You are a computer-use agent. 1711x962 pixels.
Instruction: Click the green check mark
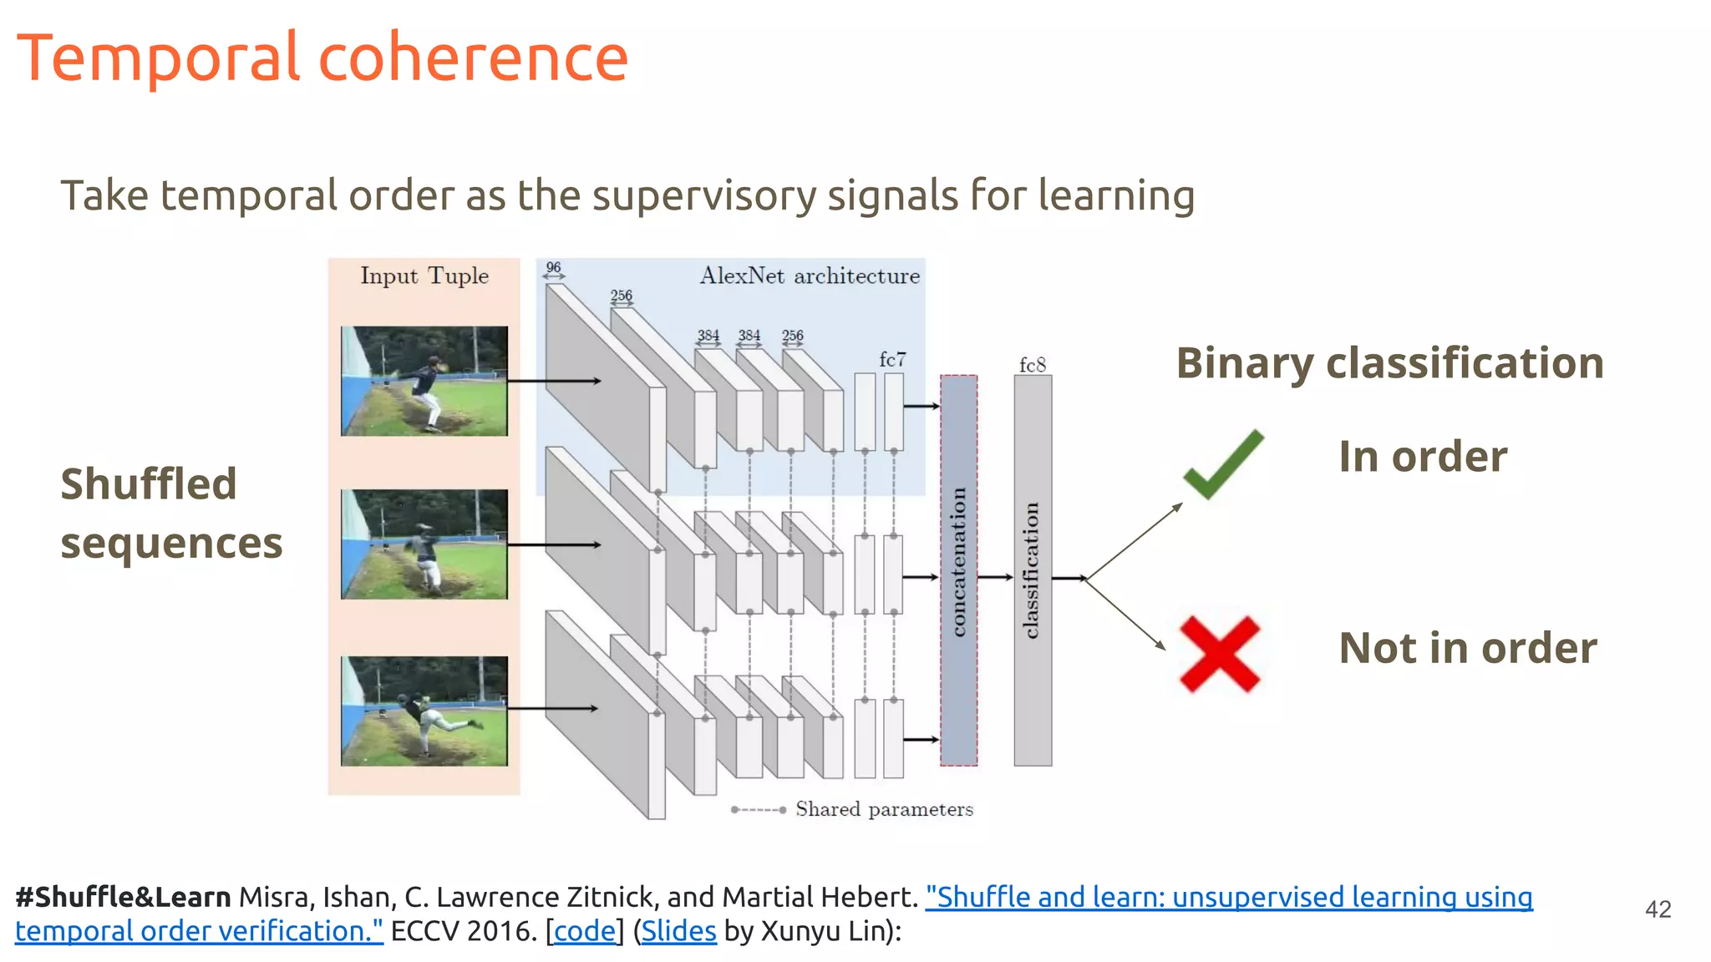click(x=1222, y=465)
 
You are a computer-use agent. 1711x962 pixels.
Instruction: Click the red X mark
click(x=1219, y=654)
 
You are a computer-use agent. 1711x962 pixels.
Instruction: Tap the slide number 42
click(x=1658, y=909)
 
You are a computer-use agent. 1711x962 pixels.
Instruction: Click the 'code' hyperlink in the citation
click(x=585, y=930)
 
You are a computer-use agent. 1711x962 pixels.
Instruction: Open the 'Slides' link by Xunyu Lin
click(x=678, y=930)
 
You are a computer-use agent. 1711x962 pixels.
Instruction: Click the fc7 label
click(x=892, y=359)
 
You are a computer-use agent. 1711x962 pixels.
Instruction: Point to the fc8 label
click(x=1032, y=365)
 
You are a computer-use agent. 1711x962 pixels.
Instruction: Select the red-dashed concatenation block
click(x=958, y=570)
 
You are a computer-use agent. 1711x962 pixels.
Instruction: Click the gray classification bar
click(x=1033, y=570)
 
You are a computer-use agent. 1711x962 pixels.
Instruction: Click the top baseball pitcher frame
click(x=424, y=381)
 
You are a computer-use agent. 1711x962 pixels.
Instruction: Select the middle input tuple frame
click(x=424, y=544)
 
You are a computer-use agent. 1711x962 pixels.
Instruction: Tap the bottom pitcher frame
click(x=424, y=711)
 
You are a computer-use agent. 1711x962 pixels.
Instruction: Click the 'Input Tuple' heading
click(x=424, y=276)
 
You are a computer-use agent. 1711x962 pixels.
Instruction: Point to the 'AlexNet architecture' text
click(x=809, y=276)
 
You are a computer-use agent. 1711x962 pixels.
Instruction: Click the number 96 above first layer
click(x=553, y=267)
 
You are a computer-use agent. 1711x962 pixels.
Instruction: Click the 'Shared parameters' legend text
click(x=884, y=809)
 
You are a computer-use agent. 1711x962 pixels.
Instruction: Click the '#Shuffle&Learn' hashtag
click(x=123, y=897)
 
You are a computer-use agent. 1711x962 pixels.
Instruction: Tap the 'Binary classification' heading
click(x=1389, y=362)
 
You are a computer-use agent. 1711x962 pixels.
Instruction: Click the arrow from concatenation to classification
click(x=995, y=577)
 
